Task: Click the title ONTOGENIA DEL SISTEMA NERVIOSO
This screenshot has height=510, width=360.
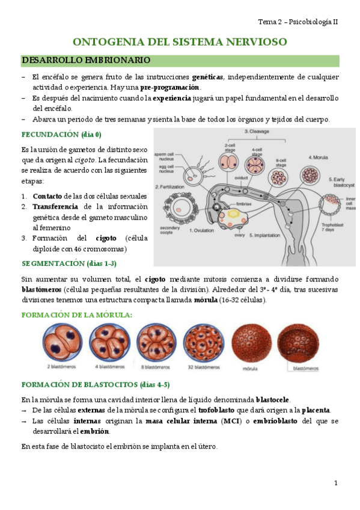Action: (180, 41)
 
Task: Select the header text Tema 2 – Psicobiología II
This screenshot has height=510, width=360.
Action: (298, 22)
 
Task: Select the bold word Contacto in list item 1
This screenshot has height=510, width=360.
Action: (47, 196)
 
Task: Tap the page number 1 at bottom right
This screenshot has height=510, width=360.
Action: (335, 483)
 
